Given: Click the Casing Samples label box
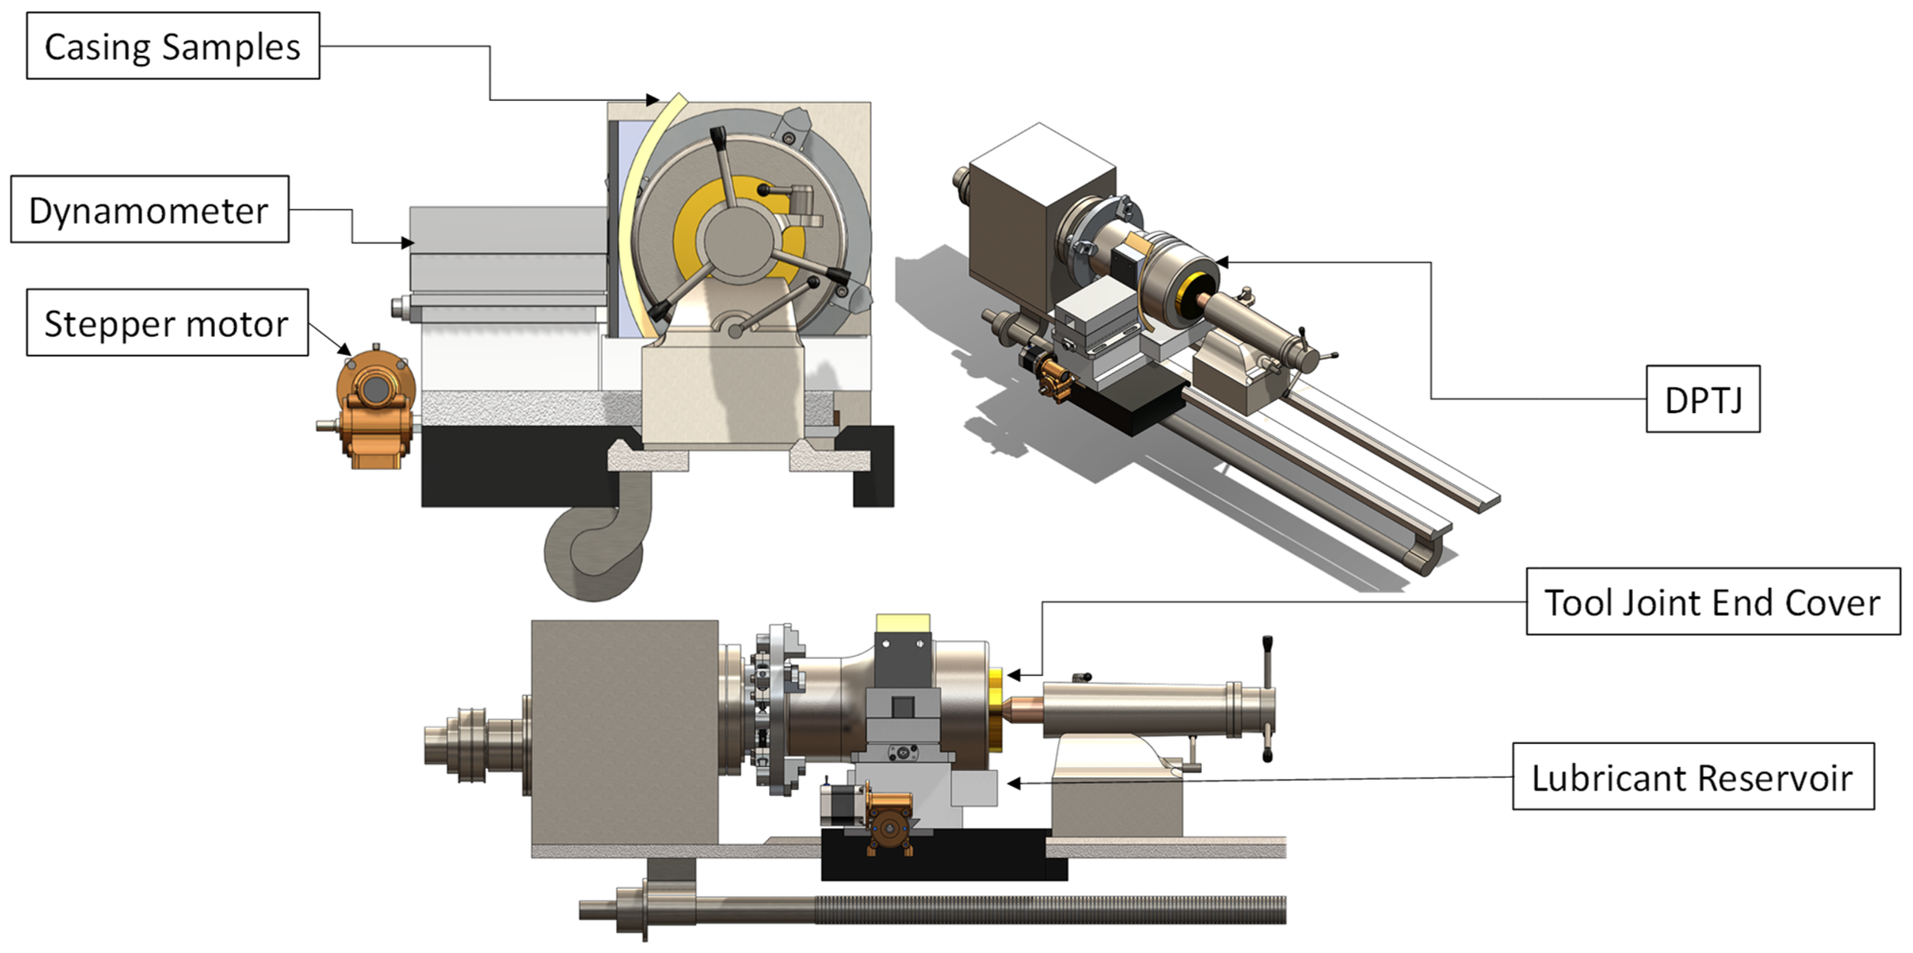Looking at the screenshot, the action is [173, 46].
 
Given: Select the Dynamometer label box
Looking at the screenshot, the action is [150, 209].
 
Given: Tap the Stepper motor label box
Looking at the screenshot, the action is [168, 322].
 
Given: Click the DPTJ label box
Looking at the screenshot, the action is [1703, 399].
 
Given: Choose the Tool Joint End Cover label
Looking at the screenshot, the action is [1713, 602].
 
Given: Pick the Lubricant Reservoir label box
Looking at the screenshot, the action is [1693, 776].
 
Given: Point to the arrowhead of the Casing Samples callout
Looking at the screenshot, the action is [652, 100].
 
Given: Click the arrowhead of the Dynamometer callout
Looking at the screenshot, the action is [407, 243].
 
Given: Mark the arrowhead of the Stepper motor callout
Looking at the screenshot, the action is [345, 349].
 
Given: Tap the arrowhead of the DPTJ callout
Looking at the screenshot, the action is [1222, 263].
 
